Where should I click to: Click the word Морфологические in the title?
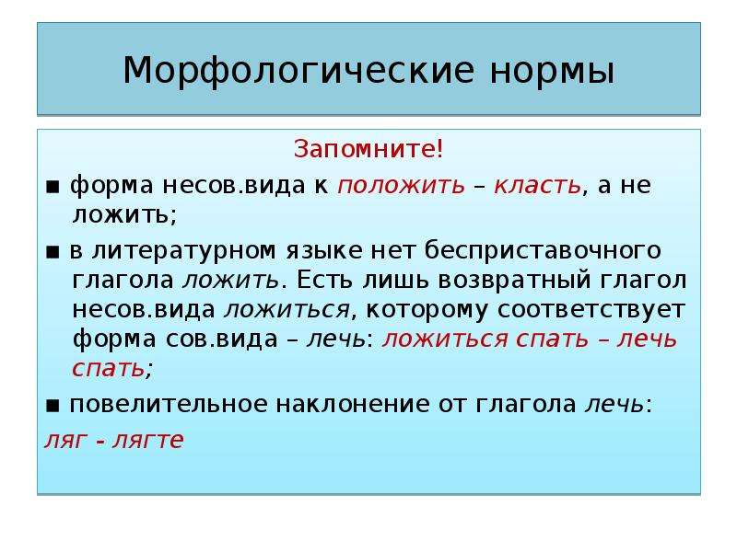[x=298, y=72]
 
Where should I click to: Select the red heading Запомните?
[x=368, y=149]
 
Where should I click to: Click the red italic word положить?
[x=402, y=186]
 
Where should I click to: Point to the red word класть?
[x=538, y=186]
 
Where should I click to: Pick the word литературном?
[x=183, y=250]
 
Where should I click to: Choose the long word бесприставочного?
[x=543, y=250]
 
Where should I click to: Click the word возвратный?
[x=514, y=281]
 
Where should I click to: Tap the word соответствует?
[x=591, y=310]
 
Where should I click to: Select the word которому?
[x=427, y=310]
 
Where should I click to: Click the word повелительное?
[x=169, y=404]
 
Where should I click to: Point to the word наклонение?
[x=353, y=404]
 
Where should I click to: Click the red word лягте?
[x=148, y=441]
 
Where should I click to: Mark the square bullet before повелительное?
[x=53, y=406]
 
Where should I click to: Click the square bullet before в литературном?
[x=53, y=252]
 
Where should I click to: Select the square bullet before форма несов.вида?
[x=53, y=188]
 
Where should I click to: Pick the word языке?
[x=324, y=250]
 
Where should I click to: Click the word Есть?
[x=324, y=281]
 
